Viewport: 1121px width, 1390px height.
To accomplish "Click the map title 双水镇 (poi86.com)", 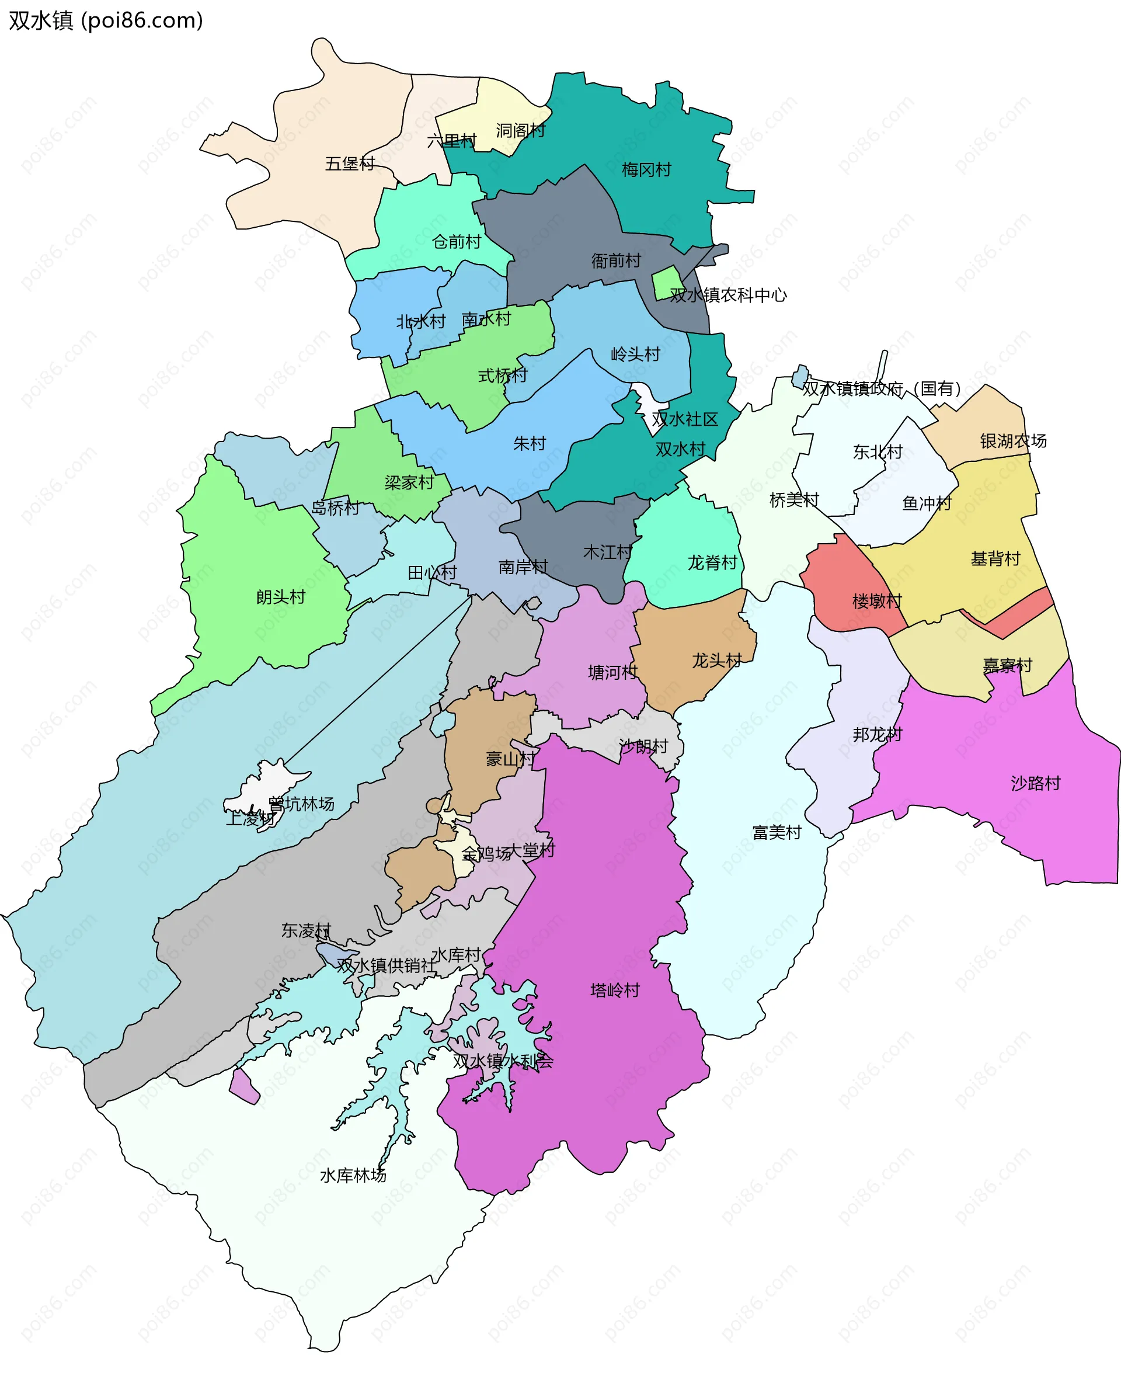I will click(106, 20).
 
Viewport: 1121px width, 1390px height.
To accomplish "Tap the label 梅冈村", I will click(646, 170).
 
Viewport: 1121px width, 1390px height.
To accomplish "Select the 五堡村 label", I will click(350, 164).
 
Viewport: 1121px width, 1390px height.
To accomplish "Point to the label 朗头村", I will click(281, 597).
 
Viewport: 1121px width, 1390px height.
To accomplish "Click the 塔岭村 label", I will click(615, 990).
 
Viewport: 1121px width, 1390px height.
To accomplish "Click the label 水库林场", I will click(353, 1176).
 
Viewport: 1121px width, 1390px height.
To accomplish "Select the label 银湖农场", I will click(1013, 441).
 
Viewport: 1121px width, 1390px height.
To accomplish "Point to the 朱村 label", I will click(530, 443).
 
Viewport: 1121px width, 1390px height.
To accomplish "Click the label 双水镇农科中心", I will click(729, 295).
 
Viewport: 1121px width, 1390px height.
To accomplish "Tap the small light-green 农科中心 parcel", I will click(666, 282).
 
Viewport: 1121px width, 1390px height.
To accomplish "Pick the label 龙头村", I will click(717, 660).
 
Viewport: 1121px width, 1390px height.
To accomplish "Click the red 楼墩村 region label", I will click(877, 602).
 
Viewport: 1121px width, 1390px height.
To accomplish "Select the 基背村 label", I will click(995, 559).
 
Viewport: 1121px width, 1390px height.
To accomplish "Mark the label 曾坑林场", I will click(301, 804).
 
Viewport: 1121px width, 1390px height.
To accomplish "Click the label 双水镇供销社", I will click(386, 965).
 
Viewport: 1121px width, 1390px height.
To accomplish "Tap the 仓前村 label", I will click(457, 242).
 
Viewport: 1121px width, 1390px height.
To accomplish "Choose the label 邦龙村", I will click(877, 734).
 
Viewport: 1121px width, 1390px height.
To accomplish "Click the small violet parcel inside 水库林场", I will click(245, 1086).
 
